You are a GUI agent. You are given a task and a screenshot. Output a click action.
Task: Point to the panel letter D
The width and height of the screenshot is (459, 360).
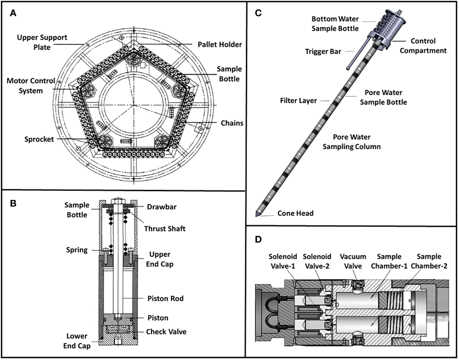258,239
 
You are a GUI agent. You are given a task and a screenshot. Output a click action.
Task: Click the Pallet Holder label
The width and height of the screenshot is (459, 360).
220,44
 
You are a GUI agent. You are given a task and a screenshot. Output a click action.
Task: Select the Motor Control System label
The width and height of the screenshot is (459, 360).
30,86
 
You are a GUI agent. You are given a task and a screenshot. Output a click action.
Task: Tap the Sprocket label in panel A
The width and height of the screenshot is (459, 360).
39,139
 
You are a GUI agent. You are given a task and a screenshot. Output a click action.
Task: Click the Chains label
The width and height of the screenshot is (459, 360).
232,123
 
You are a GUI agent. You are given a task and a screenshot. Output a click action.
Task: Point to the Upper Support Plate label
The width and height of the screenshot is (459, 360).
42,42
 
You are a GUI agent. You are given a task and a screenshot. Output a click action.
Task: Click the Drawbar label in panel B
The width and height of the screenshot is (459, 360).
162,207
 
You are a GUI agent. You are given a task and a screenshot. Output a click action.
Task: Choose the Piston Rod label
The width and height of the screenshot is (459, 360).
165,298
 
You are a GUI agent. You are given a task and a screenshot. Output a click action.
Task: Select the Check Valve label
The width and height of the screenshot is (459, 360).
166,332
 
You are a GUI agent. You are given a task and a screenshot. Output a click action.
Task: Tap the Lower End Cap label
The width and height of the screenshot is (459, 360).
77,341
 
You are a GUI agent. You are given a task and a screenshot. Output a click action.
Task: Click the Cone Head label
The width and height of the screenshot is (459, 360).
295,213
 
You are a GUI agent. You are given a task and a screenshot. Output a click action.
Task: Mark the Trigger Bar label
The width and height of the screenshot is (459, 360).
323,51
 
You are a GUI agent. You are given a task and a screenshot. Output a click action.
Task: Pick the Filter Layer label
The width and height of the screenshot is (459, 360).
298,101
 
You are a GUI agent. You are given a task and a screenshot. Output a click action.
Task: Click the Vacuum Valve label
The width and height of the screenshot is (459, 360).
353,261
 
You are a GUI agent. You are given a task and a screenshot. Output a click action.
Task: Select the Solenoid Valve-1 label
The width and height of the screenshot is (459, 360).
282,261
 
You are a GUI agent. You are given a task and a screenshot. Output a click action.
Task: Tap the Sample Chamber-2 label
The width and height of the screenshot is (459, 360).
429,261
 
